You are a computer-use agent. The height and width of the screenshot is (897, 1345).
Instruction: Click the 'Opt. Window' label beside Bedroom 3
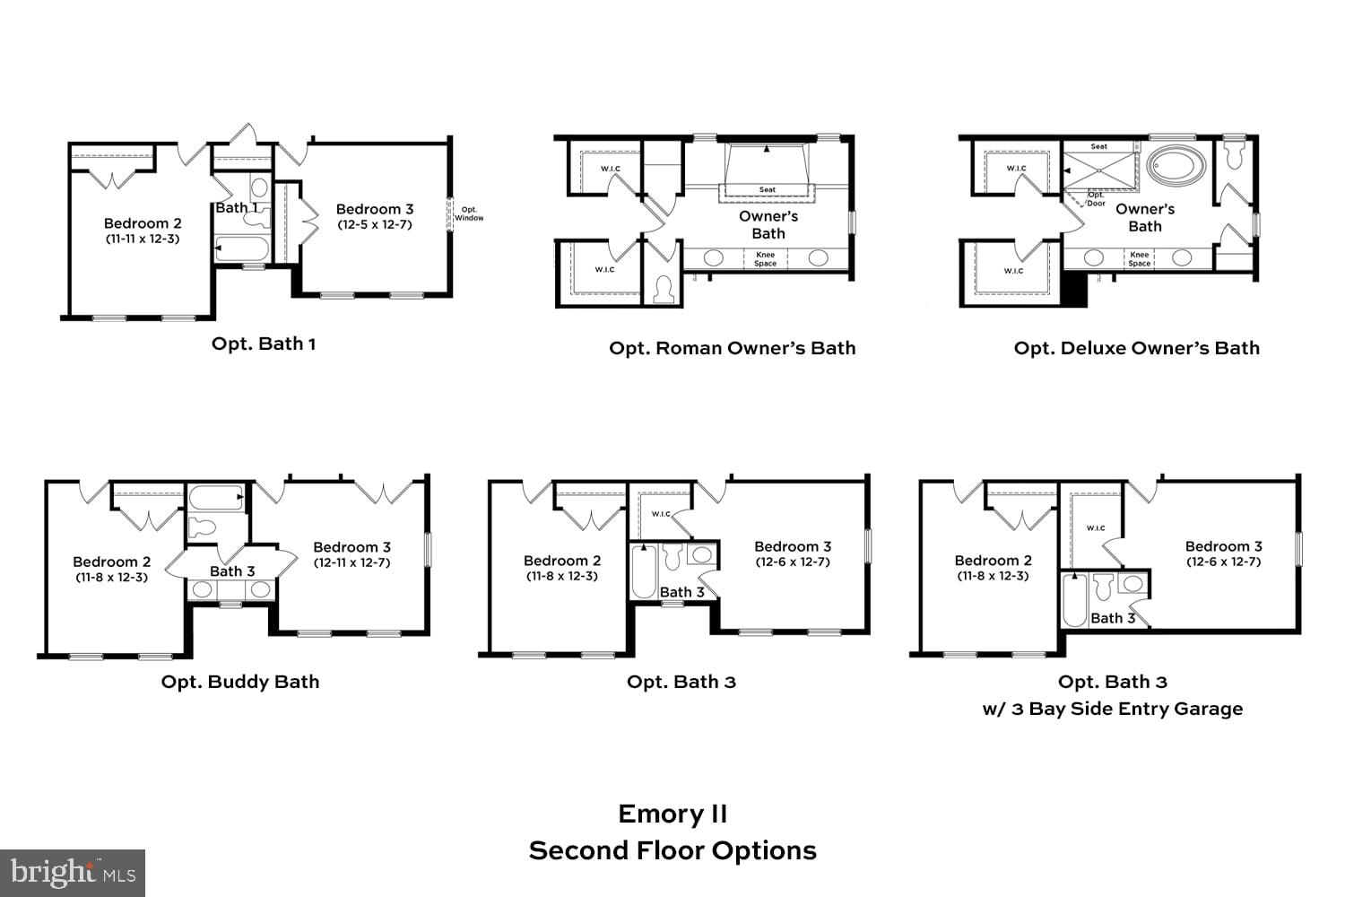[468, 213]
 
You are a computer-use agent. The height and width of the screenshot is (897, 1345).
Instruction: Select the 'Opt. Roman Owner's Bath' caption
[732, 348]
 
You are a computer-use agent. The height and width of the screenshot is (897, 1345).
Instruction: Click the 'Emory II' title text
[672, 814]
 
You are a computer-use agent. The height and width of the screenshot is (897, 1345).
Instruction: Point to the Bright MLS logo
[73, 872]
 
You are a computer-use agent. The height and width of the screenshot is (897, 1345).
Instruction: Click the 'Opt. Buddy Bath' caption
[239, 682]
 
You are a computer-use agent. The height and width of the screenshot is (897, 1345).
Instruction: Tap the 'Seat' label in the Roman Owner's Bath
[768, 189]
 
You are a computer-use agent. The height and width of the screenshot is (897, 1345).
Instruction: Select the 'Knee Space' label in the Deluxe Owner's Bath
[1140, 259]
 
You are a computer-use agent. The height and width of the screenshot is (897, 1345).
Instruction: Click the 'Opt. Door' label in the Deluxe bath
[1096, 199]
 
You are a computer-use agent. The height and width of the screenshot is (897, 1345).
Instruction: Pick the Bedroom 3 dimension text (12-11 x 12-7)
[351, 563]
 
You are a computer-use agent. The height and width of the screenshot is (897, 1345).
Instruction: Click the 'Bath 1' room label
[237, 207]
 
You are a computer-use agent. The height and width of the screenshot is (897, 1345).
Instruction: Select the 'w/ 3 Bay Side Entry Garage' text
[1112, 709]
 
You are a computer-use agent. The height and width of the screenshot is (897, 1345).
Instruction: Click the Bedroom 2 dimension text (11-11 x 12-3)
[143, 239]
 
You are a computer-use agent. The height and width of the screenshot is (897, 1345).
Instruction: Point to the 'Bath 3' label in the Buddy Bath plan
[232, 570]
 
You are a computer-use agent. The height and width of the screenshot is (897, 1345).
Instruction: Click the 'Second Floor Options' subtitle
[672, 850]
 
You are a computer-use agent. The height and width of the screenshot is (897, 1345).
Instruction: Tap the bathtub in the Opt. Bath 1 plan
[242, 248]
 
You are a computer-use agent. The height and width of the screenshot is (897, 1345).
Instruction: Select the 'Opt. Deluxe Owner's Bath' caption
[1136, 348]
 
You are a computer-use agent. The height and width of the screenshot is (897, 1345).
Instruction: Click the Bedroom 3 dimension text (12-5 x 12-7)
[375, 224]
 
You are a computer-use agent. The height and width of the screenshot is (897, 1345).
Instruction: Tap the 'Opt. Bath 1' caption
[263, 344]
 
